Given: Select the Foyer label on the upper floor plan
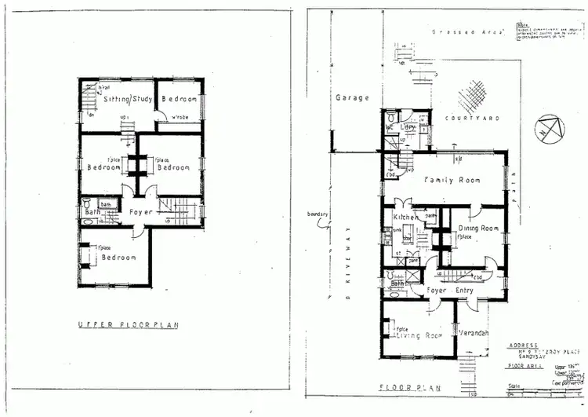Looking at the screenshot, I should point(140,211).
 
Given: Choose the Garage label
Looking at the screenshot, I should point(352,99).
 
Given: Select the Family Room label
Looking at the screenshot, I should point(452,181).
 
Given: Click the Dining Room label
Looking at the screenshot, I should point(478,229).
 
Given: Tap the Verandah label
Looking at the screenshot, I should point(474,333).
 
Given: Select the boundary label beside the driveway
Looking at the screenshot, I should point(319,214).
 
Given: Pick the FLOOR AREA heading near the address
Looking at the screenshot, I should point(521,365).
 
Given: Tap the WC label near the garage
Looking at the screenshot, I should point(390,126).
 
